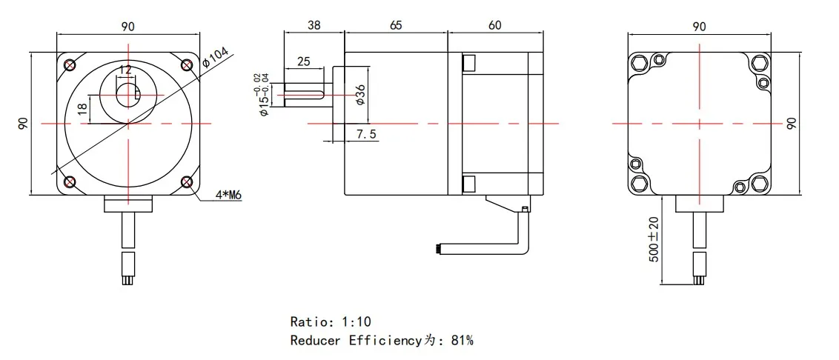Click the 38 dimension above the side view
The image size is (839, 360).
(314, 24)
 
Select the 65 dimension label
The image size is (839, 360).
(395, 24)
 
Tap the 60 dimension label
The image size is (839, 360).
(494, 24)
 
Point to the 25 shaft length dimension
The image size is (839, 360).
(303, 61)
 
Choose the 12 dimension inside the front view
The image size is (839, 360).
(125, 70)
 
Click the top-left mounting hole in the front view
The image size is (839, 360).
(70, 64)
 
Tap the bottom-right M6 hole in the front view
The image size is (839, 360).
(186, 181)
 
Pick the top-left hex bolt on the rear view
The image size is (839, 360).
(640, 64)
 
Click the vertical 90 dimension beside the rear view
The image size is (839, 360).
(791, 123)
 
